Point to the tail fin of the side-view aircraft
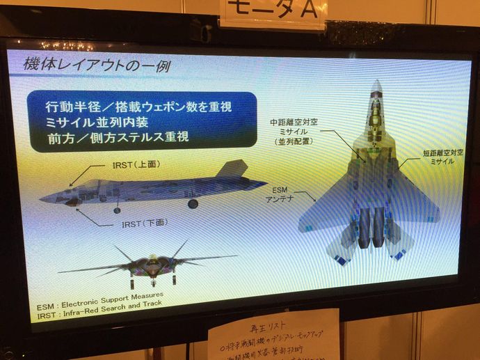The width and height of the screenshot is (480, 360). pos(232,170)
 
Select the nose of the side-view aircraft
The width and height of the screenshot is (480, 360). pos(45,197)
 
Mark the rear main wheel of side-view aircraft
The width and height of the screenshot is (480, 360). pos(193,203)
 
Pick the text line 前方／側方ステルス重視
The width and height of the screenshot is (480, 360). pos(118,137)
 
